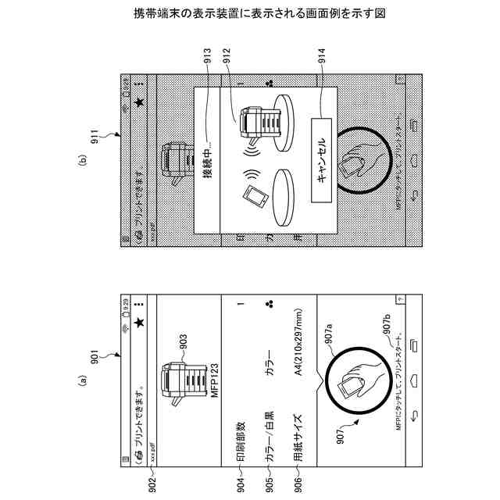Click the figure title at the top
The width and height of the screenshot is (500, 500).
250,13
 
